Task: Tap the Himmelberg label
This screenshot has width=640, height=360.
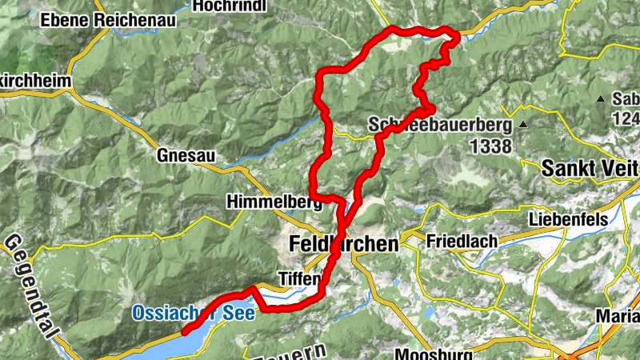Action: [x=268, y=202]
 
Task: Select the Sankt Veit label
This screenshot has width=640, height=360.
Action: [x=590, y=169]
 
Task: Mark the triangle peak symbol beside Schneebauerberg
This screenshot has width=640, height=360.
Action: [x=522, y=124]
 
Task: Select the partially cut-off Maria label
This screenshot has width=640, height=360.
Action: [x=617, y=316]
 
